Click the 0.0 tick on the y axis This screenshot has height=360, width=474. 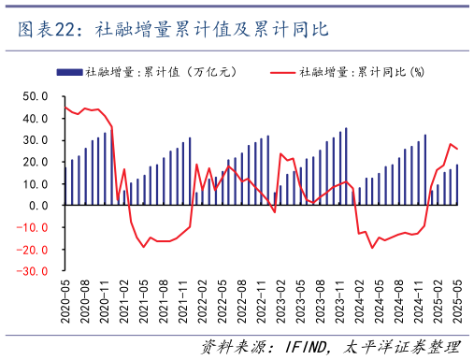(x=37, y=206)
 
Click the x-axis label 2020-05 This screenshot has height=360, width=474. (x=65, y=301)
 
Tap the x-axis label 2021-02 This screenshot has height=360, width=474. (x=124, y=301)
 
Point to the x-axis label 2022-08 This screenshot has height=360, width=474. (x=241, y=301)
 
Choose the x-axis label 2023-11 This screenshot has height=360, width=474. (x=339, y=301)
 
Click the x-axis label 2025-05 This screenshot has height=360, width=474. (x=457, y=301)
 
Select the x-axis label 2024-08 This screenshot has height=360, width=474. (x=398, y=301)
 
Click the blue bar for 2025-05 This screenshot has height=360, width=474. (x=457, y=184)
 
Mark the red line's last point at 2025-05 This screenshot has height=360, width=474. (x=457, y=149)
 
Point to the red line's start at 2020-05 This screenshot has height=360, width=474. (x=65, y=107)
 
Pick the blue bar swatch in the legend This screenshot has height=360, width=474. (x=69, y=71)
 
